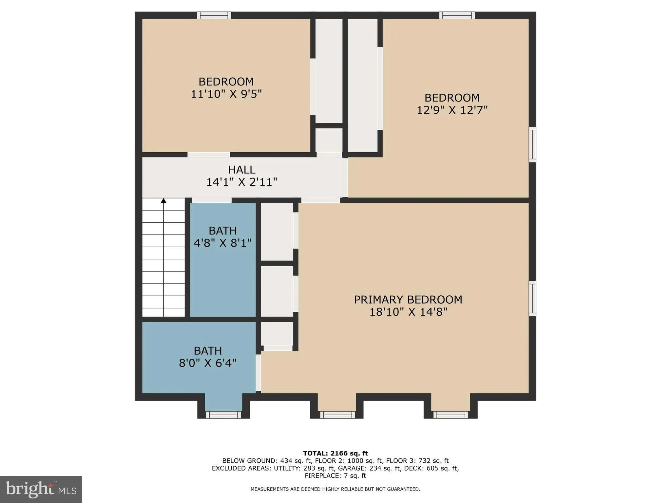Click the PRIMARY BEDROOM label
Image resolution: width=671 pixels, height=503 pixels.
(408, 300)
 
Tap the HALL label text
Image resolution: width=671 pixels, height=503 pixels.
(241, 170)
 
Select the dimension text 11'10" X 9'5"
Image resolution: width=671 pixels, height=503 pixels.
(226, 94)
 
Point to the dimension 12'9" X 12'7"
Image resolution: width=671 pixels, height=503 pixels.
(452, 110)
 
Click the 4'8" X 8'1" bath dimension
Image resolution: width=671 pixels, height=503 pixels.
(222, 243)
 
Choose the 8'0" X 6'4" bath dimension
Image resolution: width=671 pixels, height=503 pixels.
(207, 363)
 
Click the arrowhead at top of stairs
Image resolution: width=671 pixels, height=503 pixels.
(163, 200)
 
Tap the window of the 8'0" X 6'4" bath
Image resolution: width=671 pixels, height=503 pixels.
(223, 415)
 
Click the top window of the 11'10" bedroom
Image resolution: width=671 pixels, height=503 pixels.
(214, 15)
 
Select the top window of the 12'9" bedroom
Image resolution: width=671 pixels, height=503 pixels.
(457, 15)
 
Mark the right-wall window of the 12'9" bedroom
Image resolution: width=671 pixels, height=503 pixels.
(533, 144)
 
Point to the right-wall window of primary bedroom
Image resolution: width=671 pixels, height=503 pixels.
(533, 298)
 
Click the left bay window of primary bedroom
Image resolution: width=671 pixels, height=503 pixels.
(337, 415)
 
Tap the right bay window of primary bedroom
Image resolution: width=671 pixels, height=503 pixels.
(451, 415)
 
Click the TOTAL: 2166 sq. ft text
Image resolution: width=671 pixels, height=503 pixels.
(335, 454)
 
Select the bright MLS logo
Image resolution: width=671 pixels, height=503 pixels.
(41, 489)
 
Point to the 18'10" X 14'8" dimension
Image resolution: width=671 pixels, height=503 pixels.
(408, 312)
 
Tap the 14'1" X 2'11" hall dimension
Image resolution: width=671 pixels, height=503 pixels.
(241, 182)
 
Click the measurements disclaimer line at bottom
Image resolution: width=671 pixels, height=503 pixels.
(335, 489)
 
